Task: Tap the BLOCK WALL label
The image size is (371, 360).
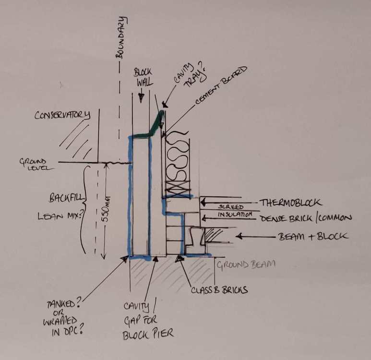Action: pyautogui.click(x=144, y=77)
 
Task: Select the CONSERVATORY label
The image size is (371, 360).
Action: pyautogui.click(x=62, y=115)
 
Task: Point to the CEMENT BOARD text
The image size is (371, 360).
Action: pyautogui.click(x=221, y=85)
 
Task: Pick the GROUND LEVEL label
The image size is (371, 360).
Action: pyautogui.click(x=36, y=165)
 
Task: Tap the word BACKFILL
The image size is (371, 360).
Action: pyautogui.click(x=67, y=198)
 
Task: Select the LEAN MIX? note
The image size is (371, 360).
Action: pyautogui.click(x=61, y=216)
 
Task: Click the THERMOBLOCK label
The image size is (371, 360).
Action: pyautogui.click(x=291, y=203)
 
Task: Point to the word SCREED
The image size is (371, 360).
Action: pyautogui.click(x=231, y=206)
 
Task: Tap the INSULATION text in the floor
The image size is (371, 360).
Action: pyautogui.click(x=235, y=215)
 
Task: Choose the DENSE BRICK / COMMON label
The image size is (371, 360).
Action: pyautogui.click(x=306, y=218)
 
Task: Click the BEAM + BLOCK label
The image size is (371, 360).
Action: pyautogui.click(x=313, y=237)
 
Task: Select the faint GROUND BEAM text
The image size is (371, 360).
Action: pyautogui.click(x=246, y=264)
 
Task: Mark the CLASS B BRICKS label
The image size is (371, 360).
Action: pyautogui.click(x=219, y=290)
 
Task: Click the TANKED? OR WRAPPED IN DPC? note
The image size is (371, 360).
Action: pyautogui.click(x=63, y=318)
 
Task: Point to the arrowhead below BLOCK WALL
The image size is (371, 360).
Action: pyautogui.click(x=141, y=98)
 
